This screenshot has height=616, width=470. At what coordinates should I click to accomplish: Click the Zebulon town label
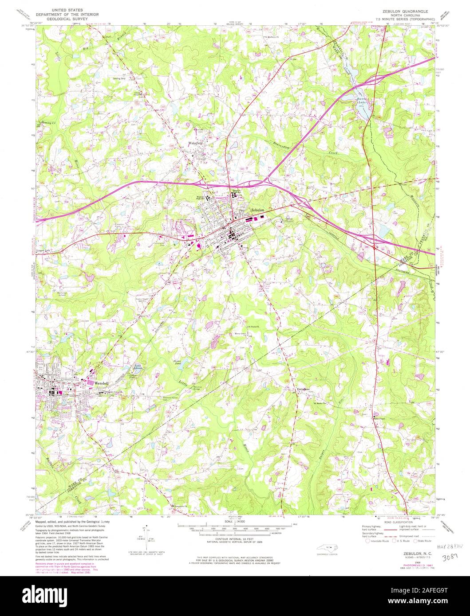tap(258, 210)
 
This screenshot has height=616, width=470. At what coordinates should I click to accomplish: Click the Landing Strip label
tap(118, 79)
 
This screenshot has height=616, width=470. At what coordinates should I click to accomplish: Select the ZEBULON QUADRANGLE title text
tap(400, 9)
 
